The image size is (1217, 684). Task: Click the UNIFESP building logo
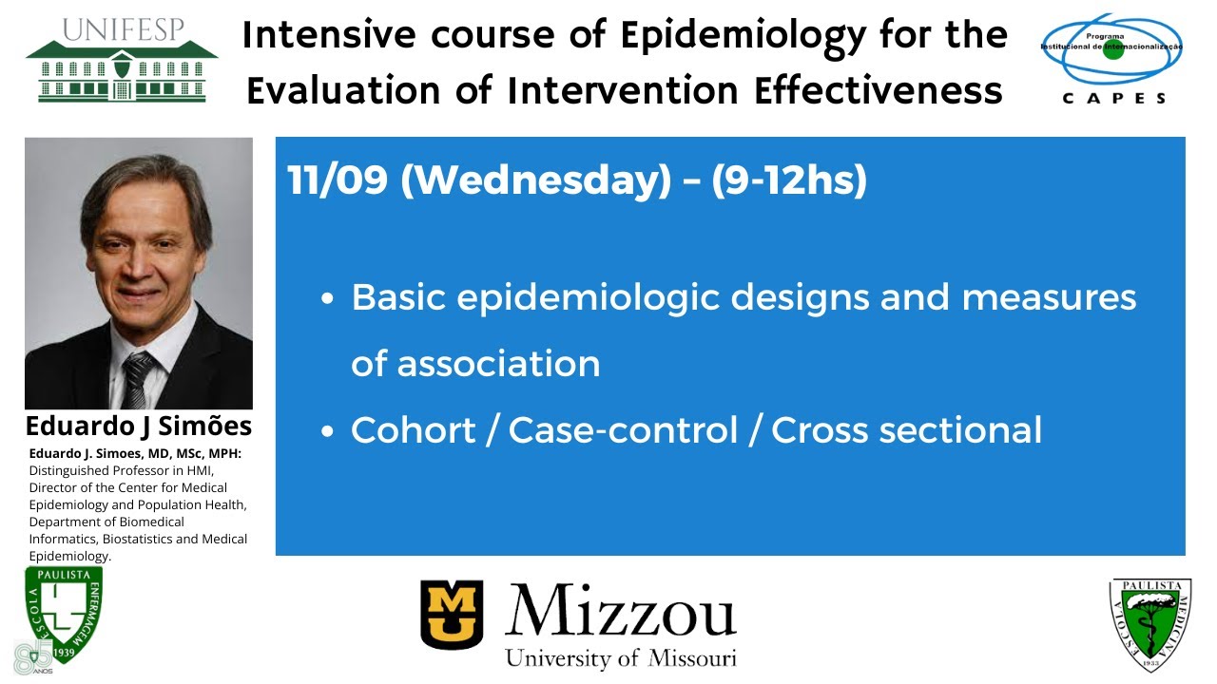(x=122, y=59)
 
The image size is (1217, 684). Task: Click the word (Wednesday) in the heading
(x=535, y=180)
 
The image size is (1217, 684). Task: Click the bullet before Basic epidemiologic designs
(x=328, y=298)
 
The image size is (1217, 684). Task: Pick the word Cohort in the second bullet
(x=412, y=430)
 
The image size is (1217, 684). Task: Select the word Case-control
(x=623, y=430)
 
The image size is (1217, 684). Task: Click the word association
(x=475, y=364)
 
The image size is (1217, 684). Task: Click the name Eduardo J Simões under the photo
(x=139, y=426)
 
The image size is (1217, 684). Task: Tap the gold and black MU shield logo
(x=452, y=615)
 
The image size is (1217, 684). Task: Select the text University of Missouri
(x=620, y=657)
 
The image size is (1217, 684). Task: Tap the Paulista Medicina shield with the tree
(x=1150, y=622)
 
